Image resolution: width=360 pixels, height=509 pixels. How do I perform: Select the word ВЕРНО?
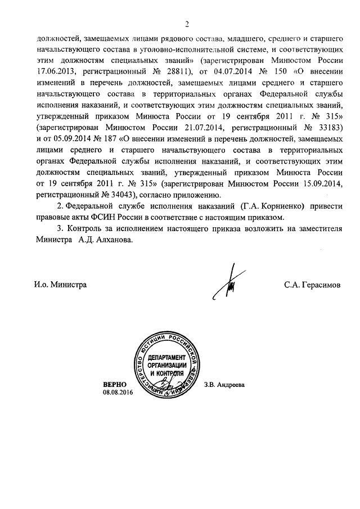coord(114,383)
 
